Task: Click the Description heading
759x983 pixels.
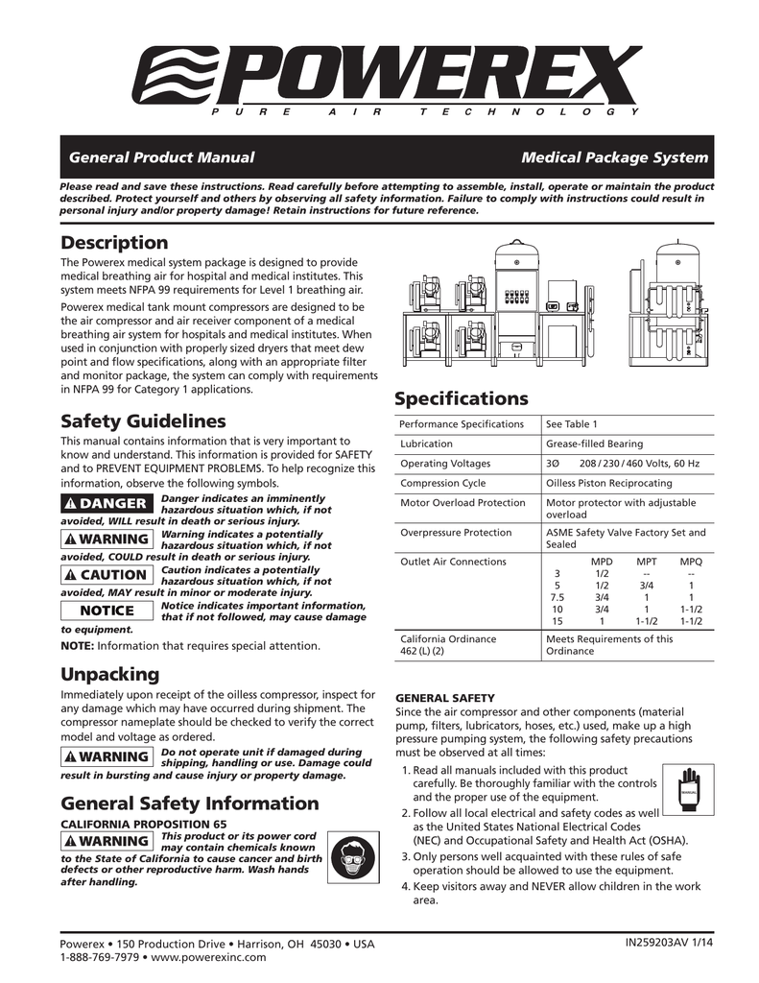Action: [114, 243]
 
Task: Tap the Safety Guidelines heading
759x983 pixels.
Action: [143, 421]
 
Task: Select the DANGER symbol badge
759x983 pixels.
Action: [106, 504]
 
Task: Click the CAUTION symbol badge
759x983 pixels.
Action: [106, 575]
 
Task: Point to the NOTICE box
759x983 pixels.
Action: [106, 611]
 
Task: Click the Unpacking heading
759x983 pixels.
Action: [109, 674]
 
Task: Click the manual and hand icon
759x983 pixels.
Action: [687, 786]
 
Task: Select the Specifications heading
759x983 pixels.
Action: [462, 398]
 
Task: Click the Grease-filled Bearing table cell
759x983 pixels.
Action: [594, 444]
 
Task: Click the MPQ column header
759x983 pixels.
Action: [691, 562]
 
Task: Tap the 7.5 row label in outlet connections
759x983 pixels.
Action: [557, 597]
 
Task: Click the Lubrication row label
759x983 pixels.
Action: [426, 444]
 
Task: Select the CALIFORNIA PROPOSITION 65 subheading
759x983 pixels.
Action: [144, 825]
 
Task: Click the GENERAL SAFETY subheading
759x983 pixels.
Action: [445, 698]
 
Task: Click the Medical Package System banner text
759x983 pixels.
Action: [614, 157]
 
